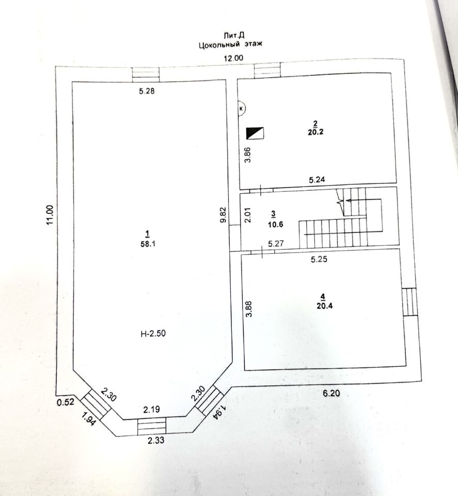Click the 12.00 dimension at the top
coord(232,58)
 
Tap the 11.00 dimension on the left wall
coord(50,214)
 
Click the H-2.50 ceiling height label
coord(153,333)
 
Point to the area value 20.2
coord(314,131)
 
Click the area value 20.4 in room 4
coord(322,304)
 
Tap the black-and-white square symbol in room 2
coord(256,133)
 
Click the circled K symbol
coord(242,109)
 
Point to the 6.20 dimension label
coord(333,393)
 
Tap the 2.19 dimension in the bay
coord(152,410)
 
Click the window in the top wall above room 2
coord(267,71)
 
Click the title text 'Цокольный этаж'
coord(231,45)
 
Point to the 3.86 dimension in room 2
coord(247,155)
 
